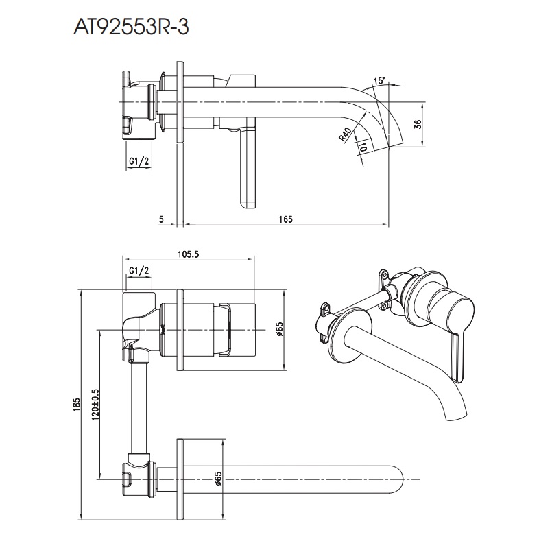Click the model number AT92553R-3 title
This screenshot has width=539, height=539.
coord(131,27)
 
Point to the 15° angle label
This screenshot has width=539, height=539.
coord(379,81)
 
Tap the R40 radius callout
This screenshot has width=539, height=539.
coord(345,134)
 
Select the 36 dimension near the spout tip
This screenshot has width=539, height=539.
coord(418,124)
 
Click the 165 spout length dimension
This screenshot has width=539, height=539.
coord(286,219)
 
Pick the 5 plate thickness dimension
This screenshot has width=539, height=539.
coord(162,219)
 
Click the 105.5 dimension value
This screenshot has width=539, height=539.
coord(189,254)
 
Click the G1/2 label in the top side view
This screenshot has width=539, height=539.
coord(139,161)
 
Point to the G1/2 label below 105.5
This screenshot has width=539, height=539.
coord(139,271)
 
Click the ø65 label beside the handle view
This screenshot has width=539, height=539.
coord(279,329)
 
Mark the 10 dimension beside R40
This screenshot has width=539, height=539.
coord(362,147)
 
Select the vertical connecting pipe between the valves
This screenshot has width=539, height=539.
coord(140,408)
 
